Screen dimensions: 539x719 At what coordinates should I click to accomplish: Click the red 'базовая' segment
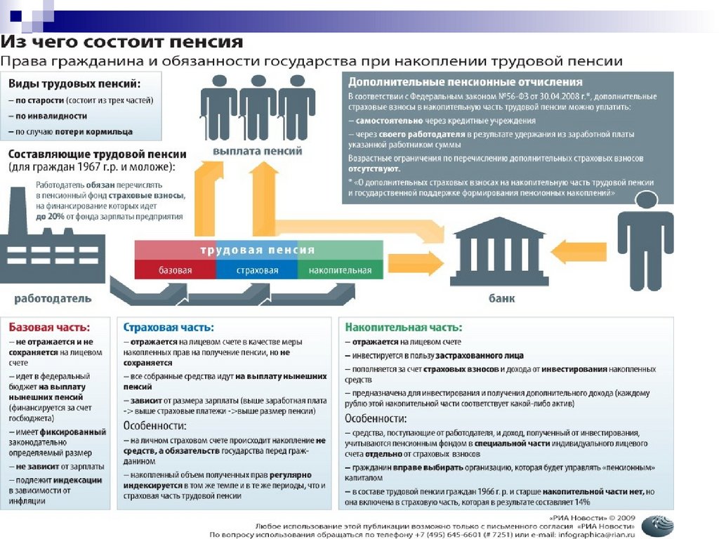pyautogui.click(x=175, y=270)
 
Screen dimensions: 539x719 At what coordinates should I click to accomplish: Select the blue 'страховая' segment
pyautogui.click(x=257, y=270)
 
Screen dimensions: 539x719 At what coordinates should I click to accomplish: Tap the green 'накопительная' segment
pyautogui.click(x=340, y=270)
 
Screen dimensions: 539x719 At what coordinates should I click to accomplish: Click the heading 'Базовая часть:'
pyautogui.click(x=49, y=327)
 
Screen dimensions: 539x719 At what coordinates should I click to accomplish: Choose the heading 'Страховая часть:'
pyautogui.click(x=169, y=327)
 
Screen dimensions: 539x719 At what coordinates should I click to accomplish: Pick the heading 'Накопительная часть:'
pyautogui.click(x=403, y=327)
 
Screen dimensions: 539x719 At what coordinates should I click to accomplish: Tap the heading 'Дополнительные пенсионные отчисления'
pyautogui.click(x=465, y=82)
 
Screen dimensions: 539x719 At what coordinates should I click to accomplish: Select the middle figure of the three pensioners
pyautogui.click(x=258, y=105)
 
